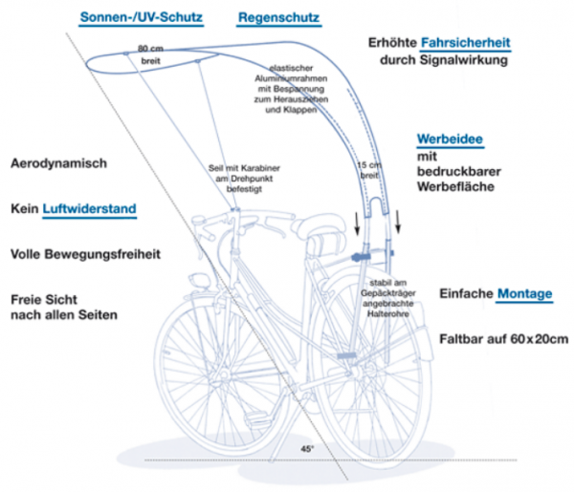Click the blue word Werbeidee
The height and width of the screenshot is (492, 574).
click(x=449, y=139)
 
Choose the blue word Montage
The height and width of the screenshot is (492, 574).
click(x=524, y=294)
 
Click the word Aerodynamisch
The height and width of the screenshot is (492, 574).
click(x=59, y=164)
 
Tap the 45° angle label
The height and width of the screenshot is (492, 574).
click(x=306, y=447)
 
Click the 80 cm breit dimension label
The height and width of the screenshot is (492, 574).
click(x=150, y=53)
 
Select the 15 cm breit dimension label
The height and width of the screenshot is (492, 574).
click(x=368, y=170)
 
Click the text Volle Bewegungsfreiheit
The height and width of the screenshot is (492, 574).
click(x=84, y=255)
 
